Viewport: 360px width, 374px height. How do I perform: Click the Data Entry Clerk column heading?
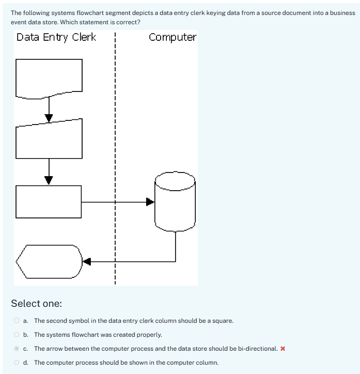coord(56,37)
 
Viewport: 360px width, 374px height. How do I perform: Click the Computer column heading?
coord(173,37)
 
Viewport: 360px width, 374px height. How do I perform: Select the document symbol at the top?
coord(49,77)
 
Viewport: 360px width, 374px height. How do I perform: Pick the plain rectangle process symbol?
coord(49,201)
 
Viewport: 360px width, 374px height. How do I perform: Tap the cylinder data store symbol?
coord(176,201)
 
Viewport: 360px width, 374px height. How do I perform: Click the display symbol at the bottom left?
coord(49,261)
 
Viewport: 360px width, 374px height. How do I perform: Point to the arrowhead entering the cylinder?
coord(150,201)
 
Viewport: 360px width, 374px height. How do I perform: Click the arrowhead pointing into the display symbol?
coord(87,261)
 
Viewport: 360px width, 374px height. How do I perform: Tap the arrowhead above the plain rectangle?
coord(49,180)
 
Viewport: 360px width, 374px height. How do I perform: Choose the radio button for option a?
coord(17,321)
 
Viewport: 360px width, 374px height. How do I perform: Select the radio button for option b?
coord(17,335)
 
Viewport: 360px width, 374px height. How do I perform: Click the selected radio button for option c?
coord(17,349)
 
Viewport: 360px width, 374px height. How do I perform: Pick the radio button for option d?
coord(17,363)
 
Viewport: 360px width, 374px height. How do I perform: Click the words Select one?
coord(36,303)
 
